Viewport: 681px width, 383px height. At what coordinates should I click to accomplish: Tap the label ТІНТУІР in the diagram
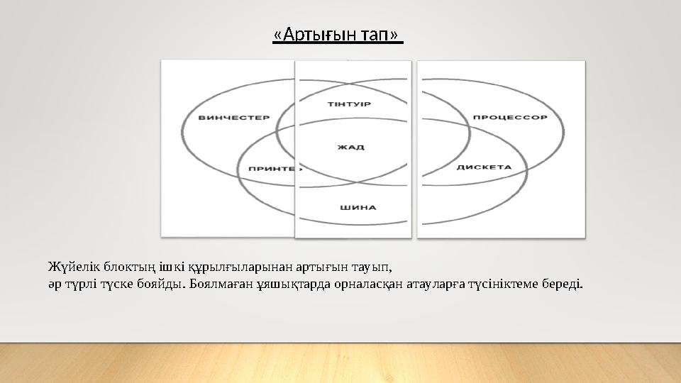click(x=349, y=105)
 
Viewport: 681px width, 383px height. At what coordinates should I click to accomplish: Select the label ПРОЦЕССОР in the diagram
click(x=509, y=117)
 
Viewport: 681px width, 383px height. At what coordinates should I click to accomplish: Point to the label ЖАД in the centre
click(x=350, y=148)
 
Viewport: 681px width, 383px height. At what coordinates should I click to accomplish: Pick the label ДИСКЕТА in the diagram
click(x=484, y=167)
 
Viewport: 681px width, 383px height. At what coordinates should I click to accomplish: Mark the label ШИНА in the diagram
click(x=358, y=208)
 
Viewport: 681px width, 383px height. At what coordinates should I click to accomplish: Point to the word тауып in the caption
click(x=370, y=267)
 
